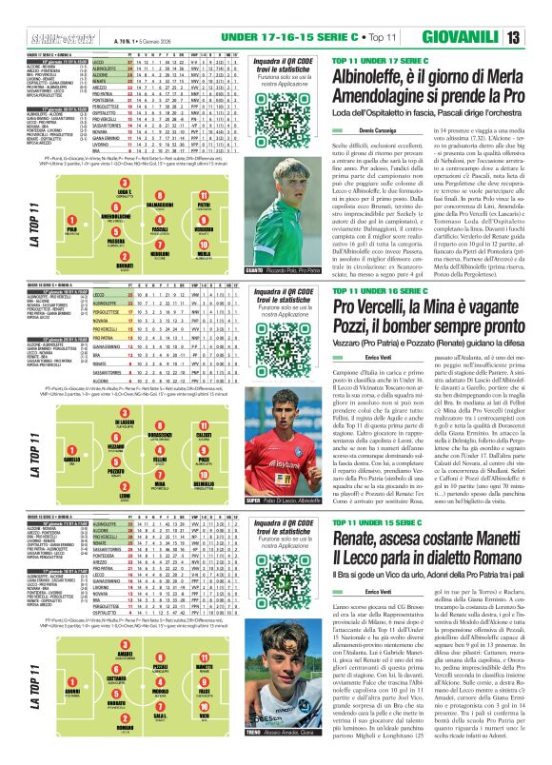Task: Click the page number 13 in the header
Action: (538, 11)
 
